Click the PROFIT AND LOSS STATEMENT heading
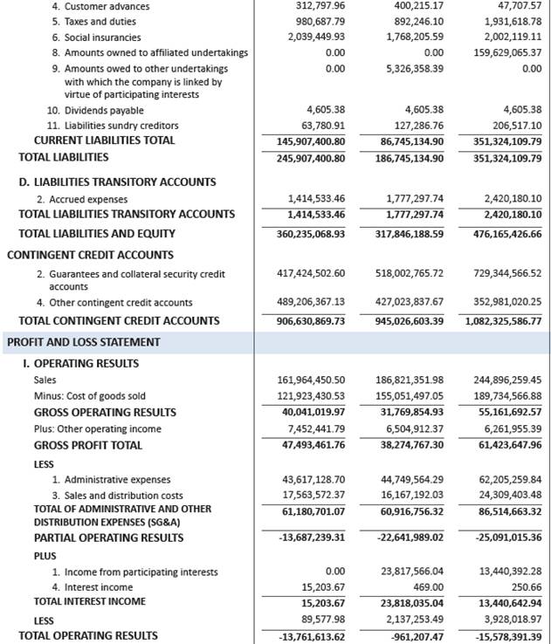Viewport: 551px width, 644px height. (71, 342)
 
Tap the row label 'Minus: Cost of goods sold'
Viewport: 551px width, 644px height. (89, 395)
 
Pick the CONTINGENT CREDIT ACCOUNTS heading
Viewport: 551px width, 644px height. (90, 255)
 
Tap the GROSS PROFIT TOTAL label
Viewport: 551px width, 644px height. (87, 445)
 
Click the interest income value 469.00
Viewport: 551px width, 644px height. (427, 587)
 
